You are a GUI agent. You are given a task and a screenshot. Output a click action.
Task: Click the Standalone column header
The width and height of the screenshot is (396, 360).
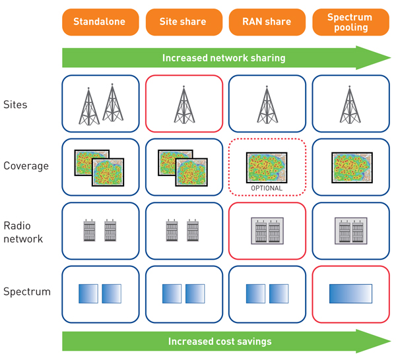pyautogui.click(x=100, y=22)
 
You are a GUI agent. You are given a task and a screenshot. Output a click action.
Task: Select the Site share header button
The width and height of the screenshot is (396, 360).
pyautogui.click(x=183, y=22)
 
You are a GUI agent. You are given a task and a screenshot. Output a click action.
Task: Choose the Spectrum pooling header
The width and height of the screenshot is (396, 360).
pyautogui.click(x=350, y=22)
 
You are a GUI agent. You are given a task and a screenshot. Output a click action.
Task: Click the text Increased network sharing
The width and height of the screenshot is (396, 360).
pyautogui.click(x=224, y=58)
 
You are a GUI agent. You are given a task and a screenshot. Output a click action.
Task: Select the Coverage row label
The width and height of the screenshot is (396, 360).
pyautogui.click(x=26, y=166)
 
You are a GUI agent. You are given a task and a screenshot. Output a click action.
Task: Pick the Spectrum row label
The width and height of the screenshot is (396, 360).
pyautogui.click(x=26, y=291)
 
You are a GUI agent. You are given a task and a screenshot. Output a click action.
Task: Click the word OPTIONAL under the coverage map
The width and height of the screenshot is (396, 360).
pyautogui.click(x=267, y=189)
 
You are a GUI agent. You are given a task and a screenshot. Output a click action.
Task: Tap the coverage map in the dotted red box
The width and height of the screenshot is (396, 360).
pyautogui.click(x=267, y=167)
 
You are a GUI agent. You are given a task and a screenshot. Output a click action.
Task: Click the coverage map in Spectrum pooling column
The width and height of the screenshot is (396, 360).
pyautogui.click(x=350, y=167)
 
